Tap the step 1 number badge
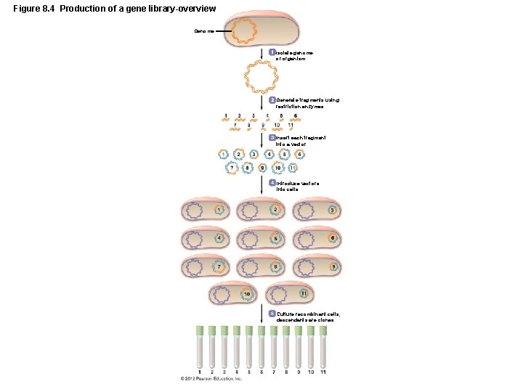(272, 52)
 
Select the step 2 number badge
(272, 99)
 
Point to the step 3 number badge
(272, 137)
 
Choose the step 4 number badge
(272, 183)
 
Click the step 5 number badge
(272, 314)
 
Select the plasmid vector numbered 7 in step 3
(232, 168)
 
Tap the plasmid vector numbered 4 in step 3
(269, 155)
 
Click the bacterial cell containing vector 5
(261, 239)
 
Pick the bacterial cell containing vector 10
(232, 294)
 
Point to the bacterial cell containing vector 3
(317, 211)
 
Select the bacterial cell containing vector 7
(205, 266)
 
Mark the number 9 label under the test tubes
(299, 372)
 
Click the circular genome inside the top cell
(246, 30)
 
